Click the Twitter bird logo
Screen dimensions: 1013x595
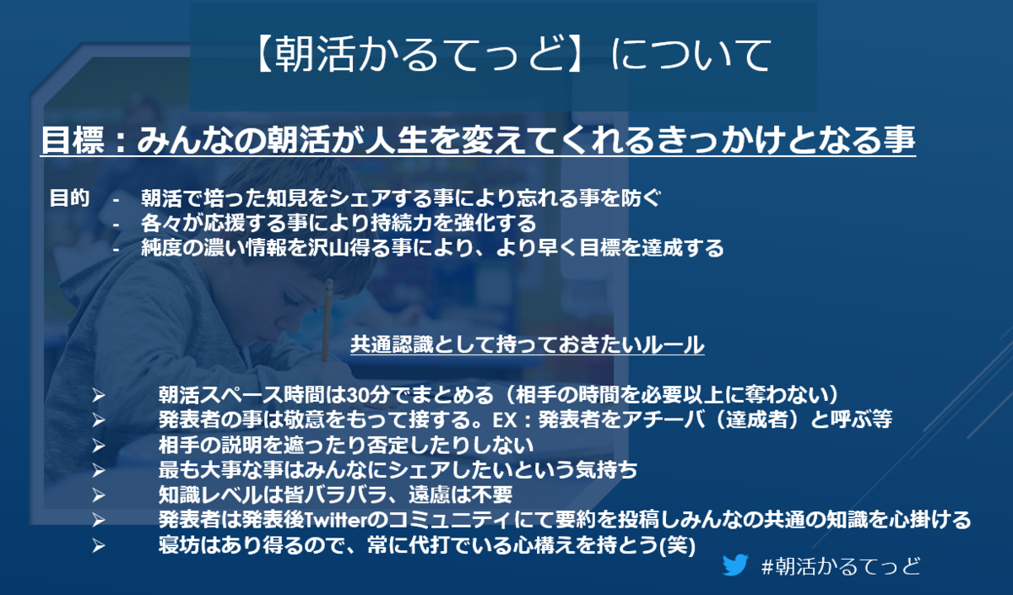(735, 565)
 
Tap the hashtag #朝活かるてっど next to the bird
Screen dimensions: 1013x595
(841, 566)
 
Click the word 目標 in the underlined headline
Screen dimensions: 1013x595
(73, 140)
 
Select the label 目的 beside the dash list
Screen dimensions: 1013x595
(69, 198)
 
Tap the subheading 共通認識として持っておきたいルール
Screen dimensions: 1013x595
(528, 344)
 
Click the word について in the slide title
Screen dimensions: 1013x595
(691, 55)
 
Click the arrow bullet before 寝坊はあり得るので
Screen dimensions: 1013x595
(99, 545)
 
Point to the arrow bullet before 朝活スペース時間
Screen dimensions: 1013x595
(99, 396)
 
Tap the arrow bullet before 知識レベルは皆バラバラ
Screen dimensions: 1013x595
(99, 495)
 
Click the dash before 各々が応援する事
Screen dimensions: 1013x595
(116, 224)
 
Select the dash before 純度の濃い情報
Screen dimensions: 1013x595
(116, 249)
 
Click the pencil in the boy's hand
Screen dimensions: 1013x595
(327, 320)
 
